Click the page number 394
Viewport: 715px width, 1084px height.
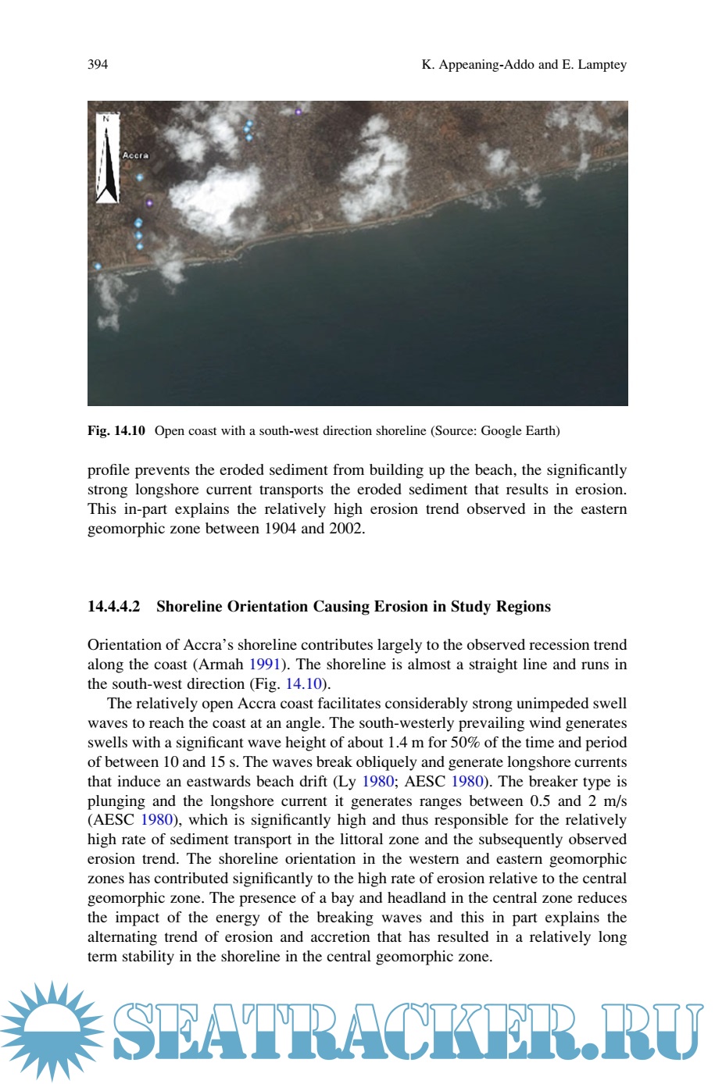pos(98,64)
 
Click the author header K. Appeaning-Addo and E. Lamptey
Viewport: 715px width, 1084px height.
pos(524,64)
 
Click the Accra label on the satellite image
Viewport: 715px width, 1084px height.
pos(135,155)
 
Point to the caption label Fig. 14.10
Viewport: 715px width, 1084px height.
pos(116,430)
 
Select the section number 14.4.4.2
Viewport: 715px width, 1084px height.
pos(114,607)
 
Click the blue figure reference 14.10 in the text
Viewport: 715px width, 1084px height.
pos(304,684)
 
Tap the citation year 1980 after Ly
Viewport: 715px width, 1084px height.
pos(378,782)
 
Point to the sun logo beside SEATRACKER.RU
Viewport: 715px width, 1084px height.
pos(52,1031)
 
